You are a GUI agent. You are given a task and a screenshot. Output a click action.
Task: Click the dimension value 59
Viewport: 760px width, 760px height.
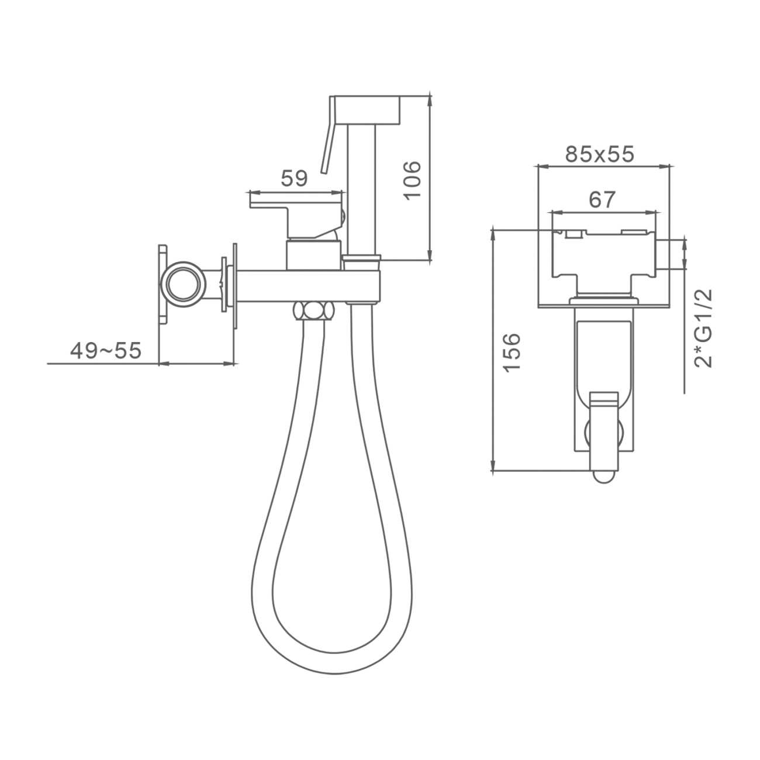coord(294,179)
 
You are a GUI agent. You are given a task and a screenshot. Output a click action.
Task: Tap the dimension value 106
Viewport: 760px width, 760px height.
coord(413,180)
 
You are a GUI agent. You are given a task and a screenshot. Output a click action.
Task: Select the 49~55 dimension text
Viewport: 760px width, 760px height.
coord(106,350)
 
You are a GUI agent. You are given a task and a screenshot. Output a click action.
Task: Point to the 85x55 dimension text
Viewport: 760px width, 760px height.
coord(599,154)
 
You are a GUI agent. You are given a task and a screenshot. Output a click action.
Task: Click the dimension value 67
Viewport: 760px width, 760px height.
coord(602,199)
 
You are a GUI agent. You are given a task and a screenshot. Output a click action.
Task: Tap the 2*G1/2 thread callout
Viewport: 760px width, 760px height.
coord(703,328)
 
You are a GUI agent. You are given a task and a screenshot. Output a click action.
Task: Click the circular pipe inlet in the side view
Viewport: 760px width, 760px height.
coord(183,284)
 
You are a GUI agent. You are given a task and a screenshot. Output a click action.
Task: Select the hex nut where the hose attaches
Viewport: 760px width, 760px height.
coord(313,310)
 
